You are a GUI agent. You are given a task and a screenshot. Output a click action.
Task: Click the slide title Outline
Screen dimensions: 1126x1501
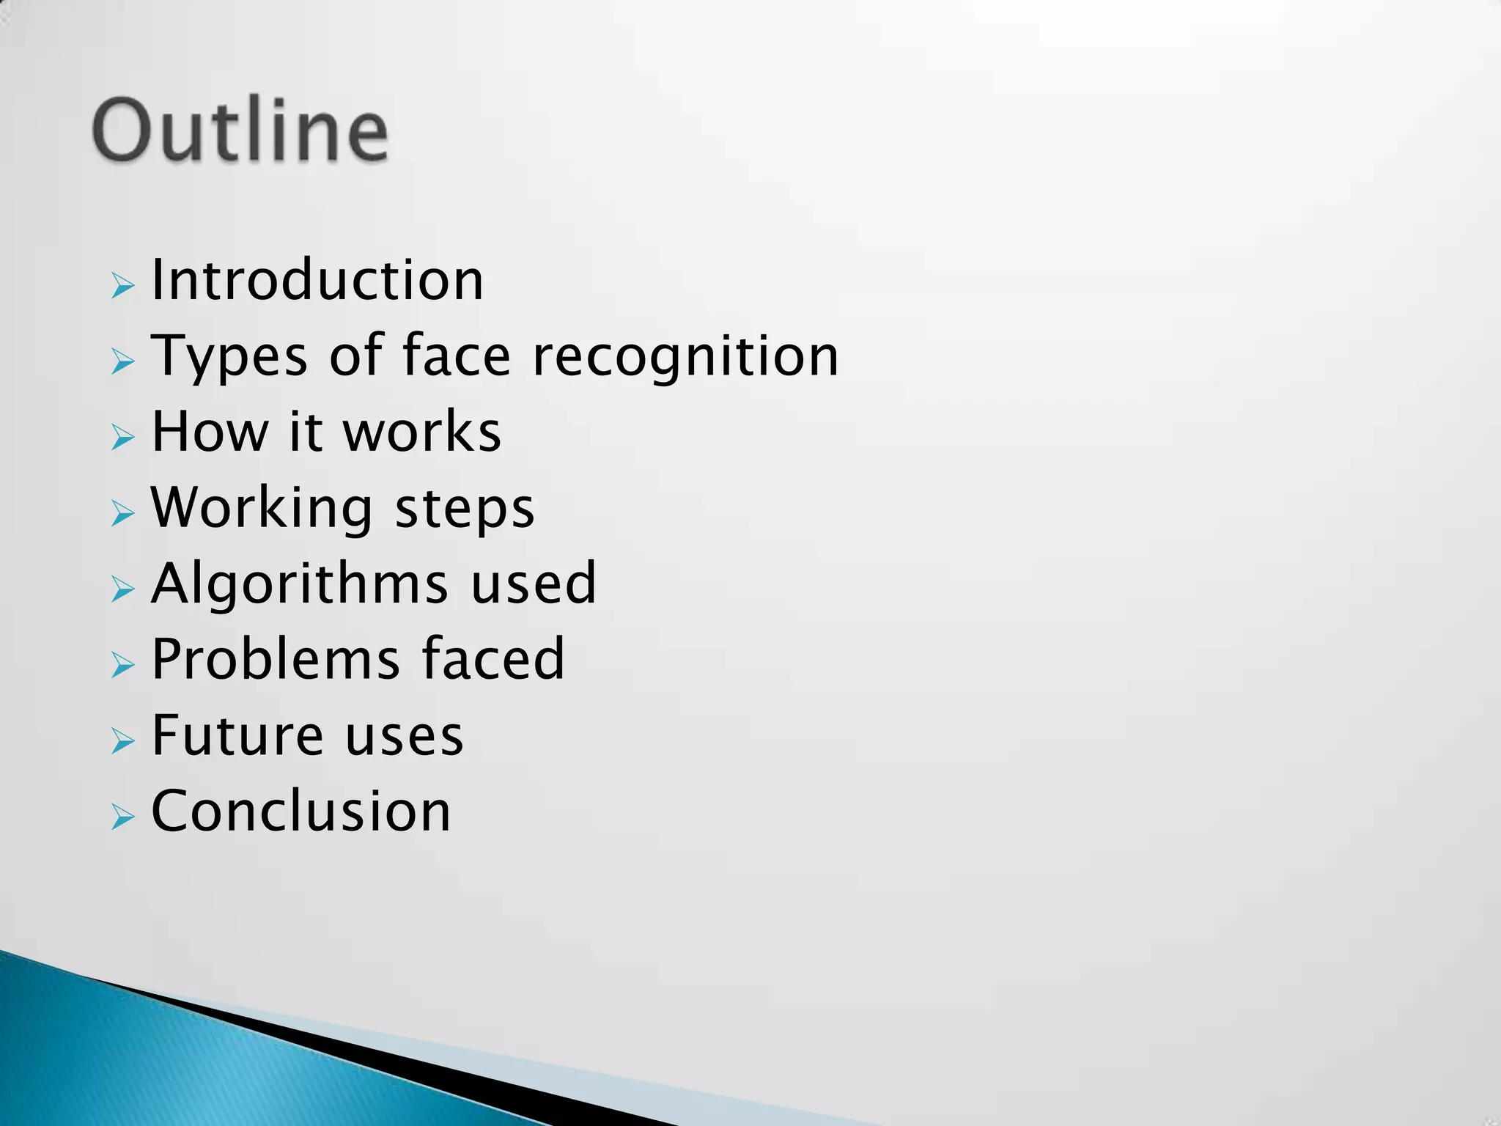click(x=240, y=131)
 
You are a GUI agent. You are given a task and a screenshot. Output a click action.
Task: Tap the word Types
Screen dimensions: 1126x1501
click(x=229, y=357)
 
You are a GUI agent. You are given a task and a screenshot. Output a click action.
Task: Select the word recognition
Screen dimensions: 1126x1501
click(x=685, y=357)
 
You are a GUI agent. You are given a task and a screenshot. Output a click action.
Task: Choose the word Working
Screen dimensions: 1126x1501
click(x=262, y=508)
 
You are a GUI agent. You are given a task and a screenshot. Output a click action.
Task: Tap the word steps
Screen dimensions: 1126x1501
click(x=465, y=509)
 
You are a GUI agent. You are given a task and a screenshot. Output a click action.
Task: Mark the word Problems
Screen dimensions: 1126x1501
click(x=276, y=659)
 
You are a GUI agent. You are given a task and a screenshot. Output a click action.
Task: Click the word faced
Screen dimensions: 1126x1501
click(x=493, y=659)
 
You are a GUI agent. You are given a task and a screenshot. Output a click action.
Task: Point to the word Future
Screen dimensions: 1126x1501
click(x=237, y=735)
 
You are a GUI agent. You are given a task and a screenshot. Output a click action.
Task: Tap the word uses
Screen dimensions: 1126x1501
click(x=404, y=737)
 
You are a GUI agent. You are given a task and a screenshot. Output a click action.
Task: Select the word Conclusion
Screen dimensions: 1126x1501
click(x=300, y=812)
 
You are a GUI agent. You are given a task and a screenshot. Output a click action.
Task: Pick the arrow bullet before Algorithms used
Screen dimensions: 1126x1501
click(x=123, y=589)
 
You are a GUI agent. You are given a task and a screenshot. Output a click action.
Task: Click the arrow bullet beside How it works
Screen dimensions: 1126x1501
click(x=123, y=437)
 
